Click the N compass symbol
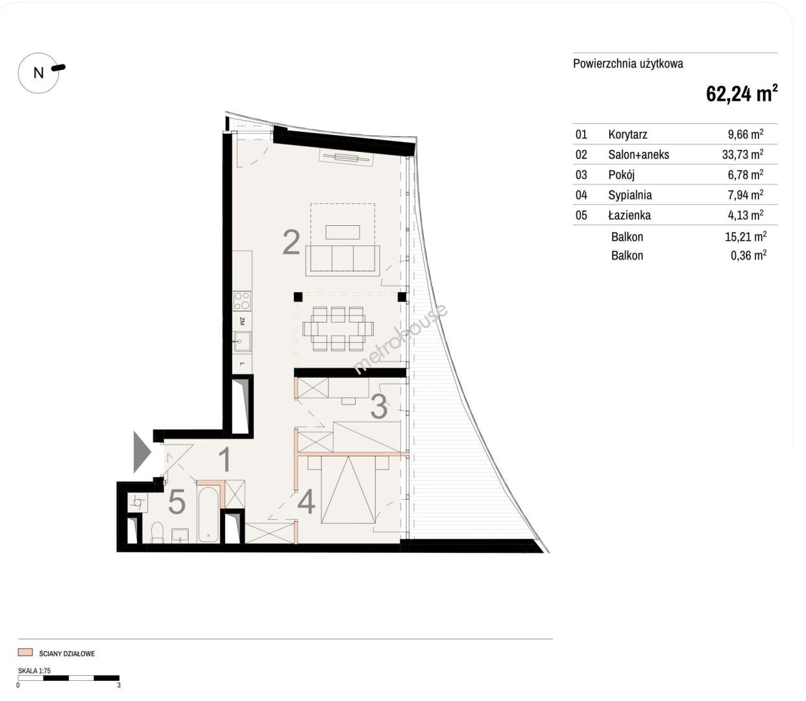[38, 73]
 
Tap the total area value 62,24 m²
[741, 93]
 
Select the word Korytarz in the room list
[628, 134]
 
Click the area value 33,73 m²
[742, 154]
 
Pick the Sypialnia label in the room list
[630, 195]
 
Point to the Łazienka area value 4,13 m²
[746, 215]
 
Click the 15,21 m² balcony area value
[746, 236]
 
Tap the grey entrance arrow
[142, 452]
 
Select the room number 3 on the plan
[379, 407]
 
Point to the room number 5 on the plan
[177, 502]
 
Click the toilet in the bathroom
[158, 532]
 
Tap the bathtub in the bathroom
[208, 515]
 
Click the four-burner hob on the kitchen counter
[242, 301]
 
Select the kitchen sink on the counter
[242, 341]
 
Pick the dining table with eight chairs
[338, 328]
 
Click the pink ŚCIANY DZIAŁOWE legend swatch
[25, 652]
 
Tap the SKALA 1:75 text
[34, 670]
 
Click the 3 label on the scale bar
[119, 685]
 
